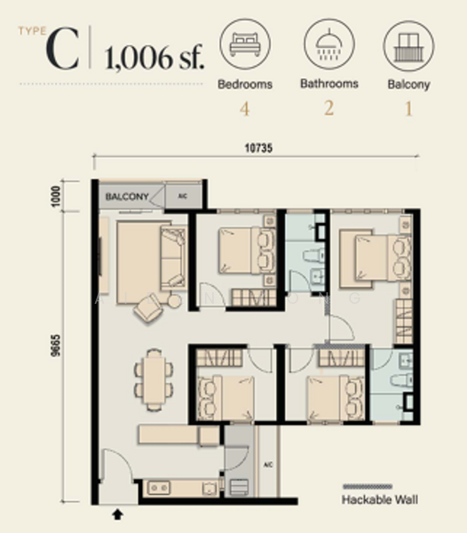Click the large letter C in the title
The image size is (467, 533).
pos(63,52)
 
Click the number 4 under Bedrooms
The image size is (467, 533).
pos(245,110)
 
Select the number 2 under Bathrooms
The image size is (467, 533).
pos(328,110)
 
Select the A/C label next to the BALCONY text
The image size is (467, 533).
pos(182,195)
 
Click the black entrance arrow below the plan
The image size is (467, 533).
pos(117,513)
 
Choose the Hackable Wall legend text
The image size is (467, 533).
pos(381,500)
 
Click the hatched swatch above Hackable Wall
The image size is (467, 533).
pos(381,487)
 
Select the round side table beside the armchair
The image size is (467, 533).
pos(174,301)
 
